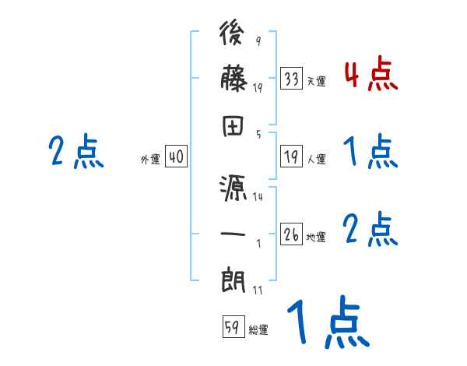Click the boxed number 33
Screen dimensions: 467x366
[292, 79]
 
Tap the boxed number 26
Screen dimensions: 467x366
[292, 234]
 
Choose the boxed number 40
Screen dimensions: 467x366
[176, 157]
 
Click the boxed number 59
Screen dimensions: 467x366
[232, 328]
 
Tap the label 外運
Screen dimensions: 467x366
[149, 160]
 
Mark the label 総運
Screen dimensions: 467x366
[258, 330]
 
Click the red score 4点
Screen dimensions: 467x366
[370, 76]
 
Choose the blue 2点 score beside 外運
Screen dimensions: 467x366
[75, 151]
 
